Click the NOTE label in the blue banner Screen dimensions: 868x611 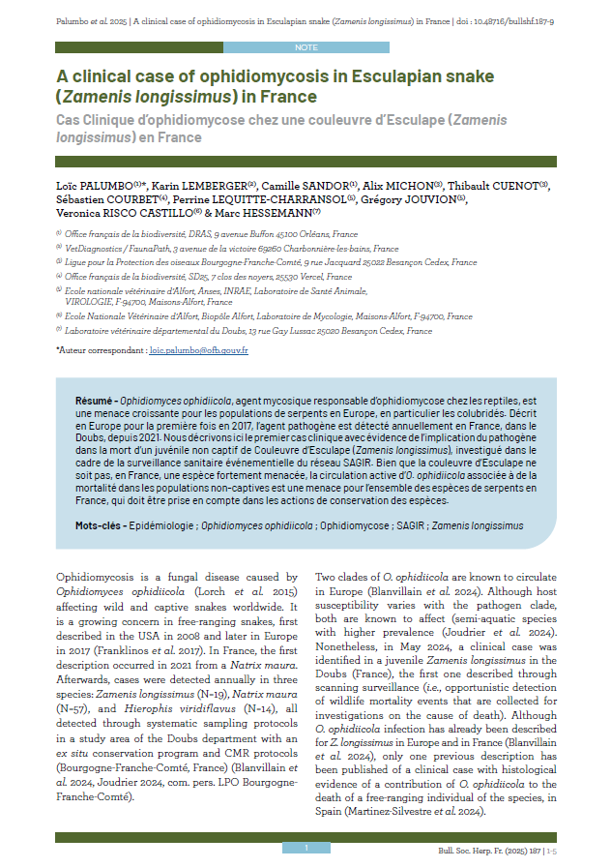(x=305, y=46)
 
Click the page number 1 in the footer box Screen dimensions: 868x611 (x=305, y=848)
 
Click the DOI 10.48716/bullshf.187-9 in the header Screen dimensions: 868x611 (x=517, y=19)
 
